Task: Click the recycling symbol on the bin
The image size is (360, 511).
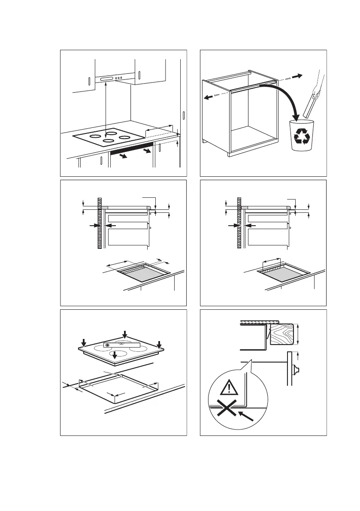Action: coord(302,136)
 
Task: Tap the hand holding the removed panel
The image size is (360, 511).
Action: coord(317,90)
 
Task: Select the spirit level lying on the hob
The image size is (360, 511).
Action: coord(122,344)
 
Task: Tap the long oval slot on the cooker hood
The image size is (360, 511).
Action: coord(106,79)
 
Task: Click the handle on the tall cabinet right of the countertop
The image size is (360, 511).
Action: coord(183,116)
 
